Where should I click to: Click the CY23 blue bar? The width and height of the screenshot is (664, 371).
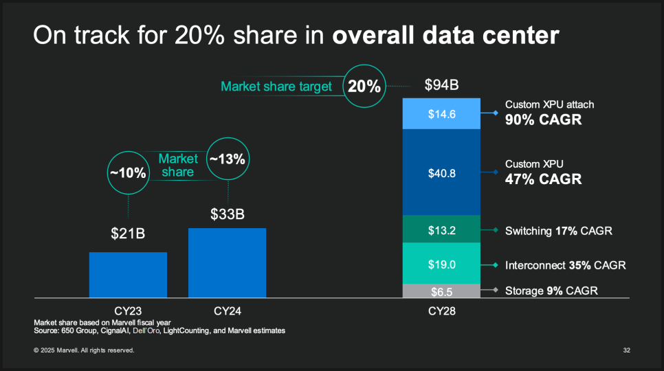tap(128, 274)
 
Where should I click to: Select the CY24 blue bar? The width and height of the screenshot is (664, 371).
tap(227, 262)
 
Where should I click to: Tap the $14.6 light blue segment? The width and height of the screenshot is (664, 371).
tap(442, 114)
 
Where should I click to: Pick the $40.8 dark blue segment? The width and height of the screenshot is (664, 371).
tap(442, 173)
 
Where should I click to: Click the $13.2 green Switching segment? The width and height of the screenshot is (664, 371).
tap(442, 229)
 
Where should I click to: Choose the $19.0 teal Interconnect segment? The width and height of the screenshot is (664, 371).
tap(442, 264)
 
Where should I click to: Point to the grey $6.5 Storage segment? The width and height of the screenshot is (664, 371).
tap(442, 291)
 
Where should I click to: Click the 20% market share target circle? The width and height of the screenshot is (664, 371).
tap(364, 87)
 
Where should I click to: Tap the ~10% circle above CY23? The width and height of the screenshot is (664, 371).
tap(128, 172)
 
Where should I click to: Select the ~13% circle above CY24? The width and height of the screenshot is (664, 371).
tap(227, 159)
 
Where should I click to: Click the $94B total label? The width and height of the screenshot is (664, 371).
tap(441, 86)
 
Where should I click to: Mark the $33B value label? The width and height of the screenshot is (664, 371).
tap(227, 214)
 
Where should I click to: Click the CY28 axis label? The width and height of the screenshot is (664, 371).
tap(442, 311)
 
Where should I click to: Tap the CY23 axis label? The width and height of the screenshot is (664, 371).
tap(128, 311)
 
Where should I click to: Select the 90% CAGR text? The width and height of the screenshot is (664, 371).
tap(544, 120)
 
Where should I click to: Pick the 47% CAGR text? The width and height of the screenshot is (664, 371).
tap(543, 179)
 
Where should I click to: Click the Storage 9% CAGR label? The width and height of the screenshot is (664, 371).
tap(551, 291)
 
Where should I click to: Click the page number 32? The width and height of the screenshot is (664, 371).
tap(627, 350)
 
